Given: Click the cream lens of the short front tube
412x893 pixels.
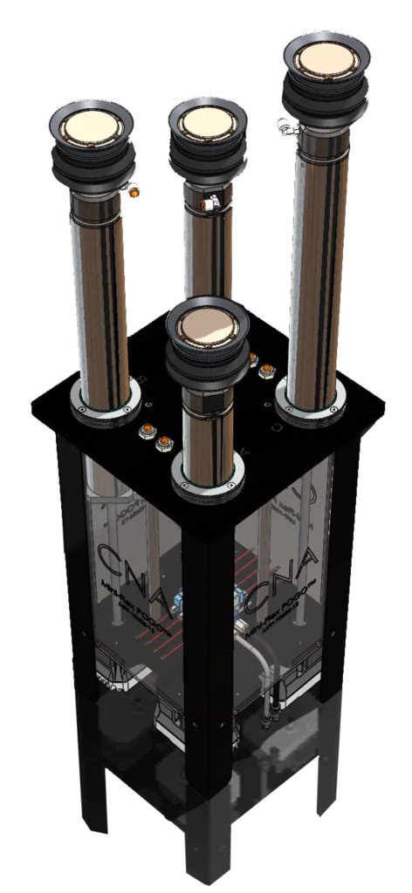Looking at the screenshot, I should point(203,325).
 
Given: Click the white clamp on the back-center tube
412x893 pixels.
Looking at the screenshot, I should point(209,205).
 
